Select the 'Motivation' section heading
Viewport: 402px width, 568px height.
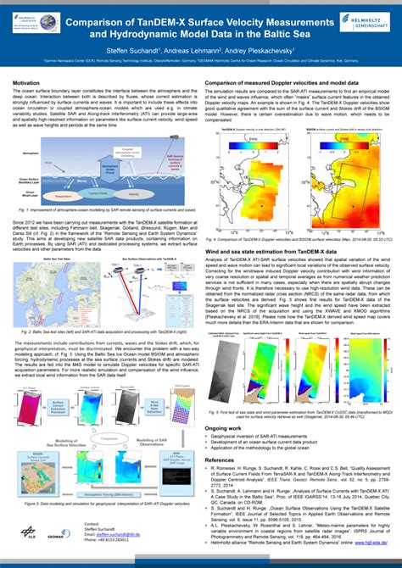coord(28,82)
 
